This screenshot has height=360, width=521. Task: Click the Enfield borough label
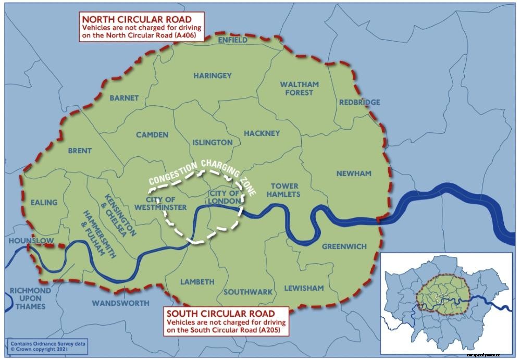(233, 40)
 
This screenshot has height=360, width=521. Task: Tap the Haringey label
(213, 76)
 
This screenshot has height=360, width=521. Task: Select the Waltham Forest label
(299, 88)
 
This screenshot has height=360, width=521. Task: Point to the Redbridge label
(359, 102)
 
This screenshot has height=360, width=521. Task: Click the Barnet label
(124, 98)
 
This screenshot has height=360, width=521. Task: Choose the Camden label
(152, 135)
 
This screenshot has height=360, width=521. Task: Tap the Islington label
(213, 142)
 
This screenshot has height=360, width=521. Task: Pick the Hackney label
(262, 133)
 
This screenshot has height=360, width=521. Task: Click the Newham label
(353, 173)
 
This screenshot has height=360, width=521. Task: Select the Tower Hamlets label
(284, 190)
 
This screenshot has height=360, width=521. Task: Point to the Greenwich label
(344, 246)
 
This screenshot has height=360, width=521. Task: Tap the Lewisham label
(304, 288)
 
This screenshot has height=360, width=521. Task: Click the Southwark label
(248, 292)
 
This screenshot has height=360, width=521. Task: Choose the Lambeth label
(197, 282)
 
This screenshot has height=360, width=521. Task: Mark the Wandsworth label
(120, 303)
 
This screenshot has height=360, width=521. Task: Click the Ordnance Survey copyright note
(47, 345)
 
